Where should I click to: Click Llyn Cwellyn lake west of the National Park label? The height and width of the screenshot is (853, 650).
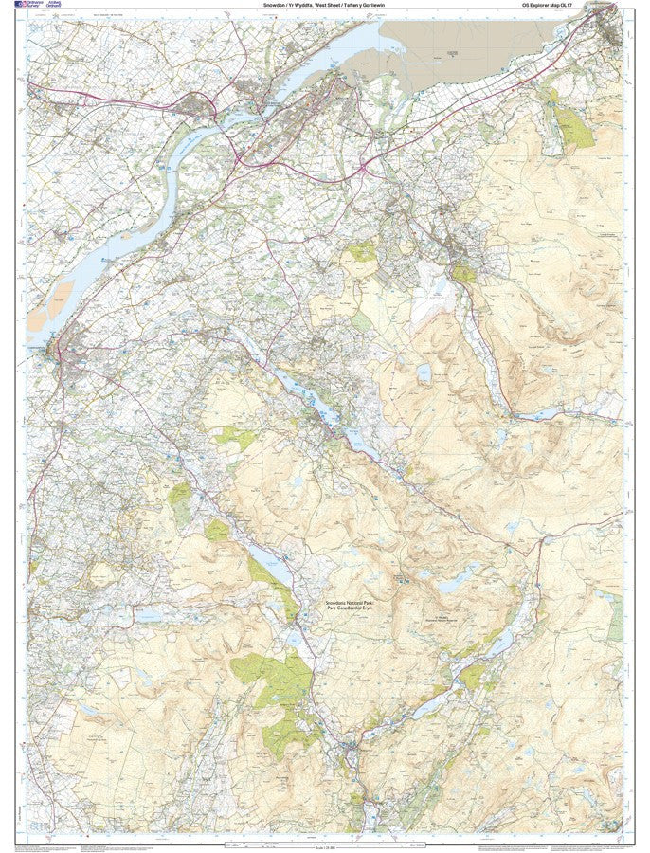[x=268, y=570]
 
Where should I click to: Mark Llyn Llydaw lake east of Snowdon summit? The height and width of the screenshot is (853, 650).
[x=454, y=577]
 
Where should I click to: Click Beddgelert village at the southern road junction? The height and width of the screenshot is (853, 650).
[x=352, y=748]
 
